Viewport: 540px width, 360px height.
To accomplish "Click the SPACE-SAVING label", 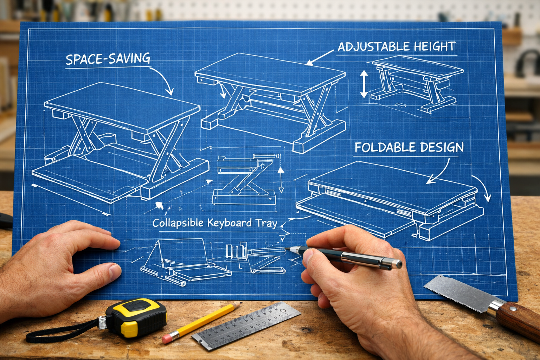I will click(x=108, y=59).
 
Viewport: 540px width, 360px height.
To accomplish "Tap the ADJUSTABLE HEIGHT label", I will click(x=397, y=47).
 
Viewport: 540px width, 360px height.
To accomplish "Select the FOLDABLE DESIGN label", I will click(x=409, y=147).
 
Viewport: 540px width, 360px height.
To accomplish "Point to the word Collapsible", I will click(x=178, y=223).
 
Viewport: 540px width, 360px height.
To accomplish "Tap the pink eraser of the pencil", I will click(x=168, y=339).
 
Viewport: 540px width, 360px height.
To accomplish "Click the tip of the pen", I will click(x=286, y=249).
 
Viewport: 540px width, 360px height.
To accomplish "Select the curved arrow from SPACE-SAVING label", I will click(x=163, y=79).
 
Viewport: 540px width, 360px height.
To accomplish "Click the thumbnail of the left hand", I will click(x=114, y=271).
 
